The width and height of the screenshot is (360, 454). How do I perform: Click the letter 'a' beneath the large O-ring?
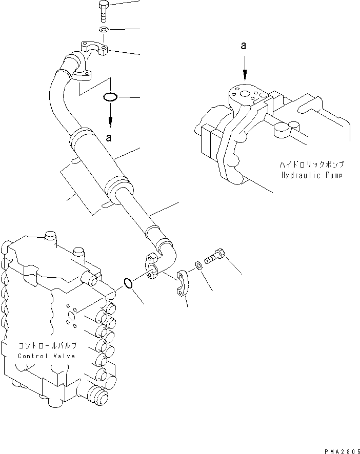tap(108, 137)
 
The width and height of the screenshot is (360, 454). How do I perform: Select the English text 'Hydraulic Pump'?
tap(312, 175)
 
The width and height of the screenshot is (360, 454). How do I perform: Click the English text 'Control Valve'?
tap(47, 356)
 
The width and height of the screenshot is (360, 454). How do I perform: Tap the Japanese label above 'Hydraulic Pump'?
tap(312, 165)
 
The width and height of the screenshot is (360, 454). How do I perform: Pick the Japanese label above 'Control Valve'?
tap(47, 346)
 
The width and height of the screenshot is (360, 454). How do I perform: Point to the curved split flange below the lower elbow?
tap(183, 283)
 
